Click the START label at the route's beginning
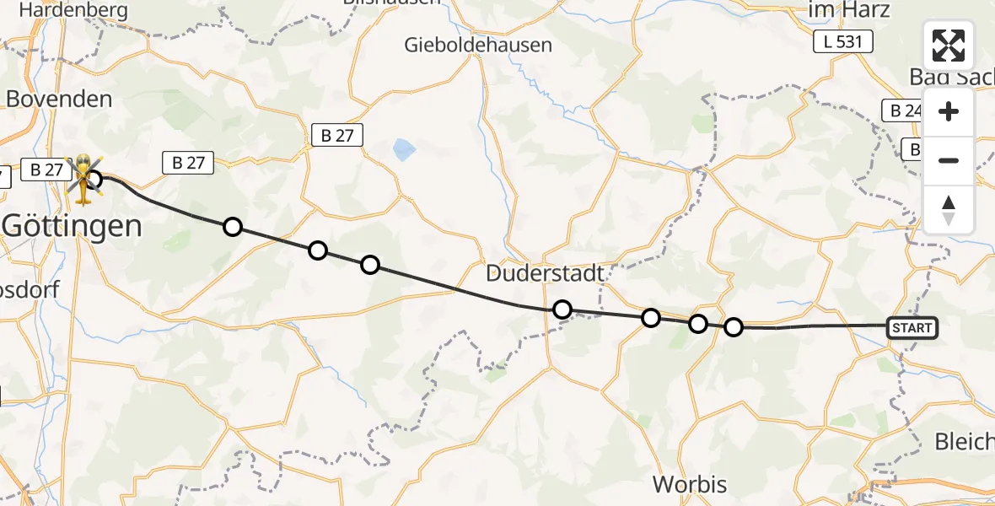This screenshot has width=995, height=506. click(x=912, y=327)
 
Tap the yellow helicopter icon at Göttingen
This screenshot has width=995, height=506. click(x=83, y=179)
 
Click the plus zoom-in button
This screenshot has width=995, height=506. click(x=949, y=112)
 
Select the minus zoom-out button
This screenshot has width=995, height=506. click(x=949, y=160)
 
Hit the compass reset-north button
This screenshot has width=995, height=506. click(x=949, y=209)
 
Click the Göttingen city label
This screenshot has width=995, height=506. click(x=72, y=225)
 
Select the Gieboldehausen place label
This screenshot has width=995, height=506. click(x=478, y=45)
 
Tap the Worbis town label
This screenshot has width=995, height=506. click(x=690, y=484)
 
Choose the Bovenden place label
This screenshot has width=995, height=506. click(x=59, y=99)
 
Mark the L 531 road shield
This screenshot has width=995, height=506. click(x=842, y=42)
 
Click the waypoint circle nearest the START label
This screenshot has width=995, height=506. click(x=734, y=327)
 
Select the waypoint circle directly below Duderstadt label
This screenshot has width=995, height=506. click(x=562, y=310)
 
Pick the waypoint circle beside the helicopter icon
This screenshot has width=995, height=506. click(x=94, y=179)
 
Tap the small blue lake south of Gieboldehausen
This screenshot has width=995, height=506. click(x=404, y=150)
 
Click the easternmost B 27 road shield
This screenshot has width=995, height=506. click(x=337, y=135)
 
